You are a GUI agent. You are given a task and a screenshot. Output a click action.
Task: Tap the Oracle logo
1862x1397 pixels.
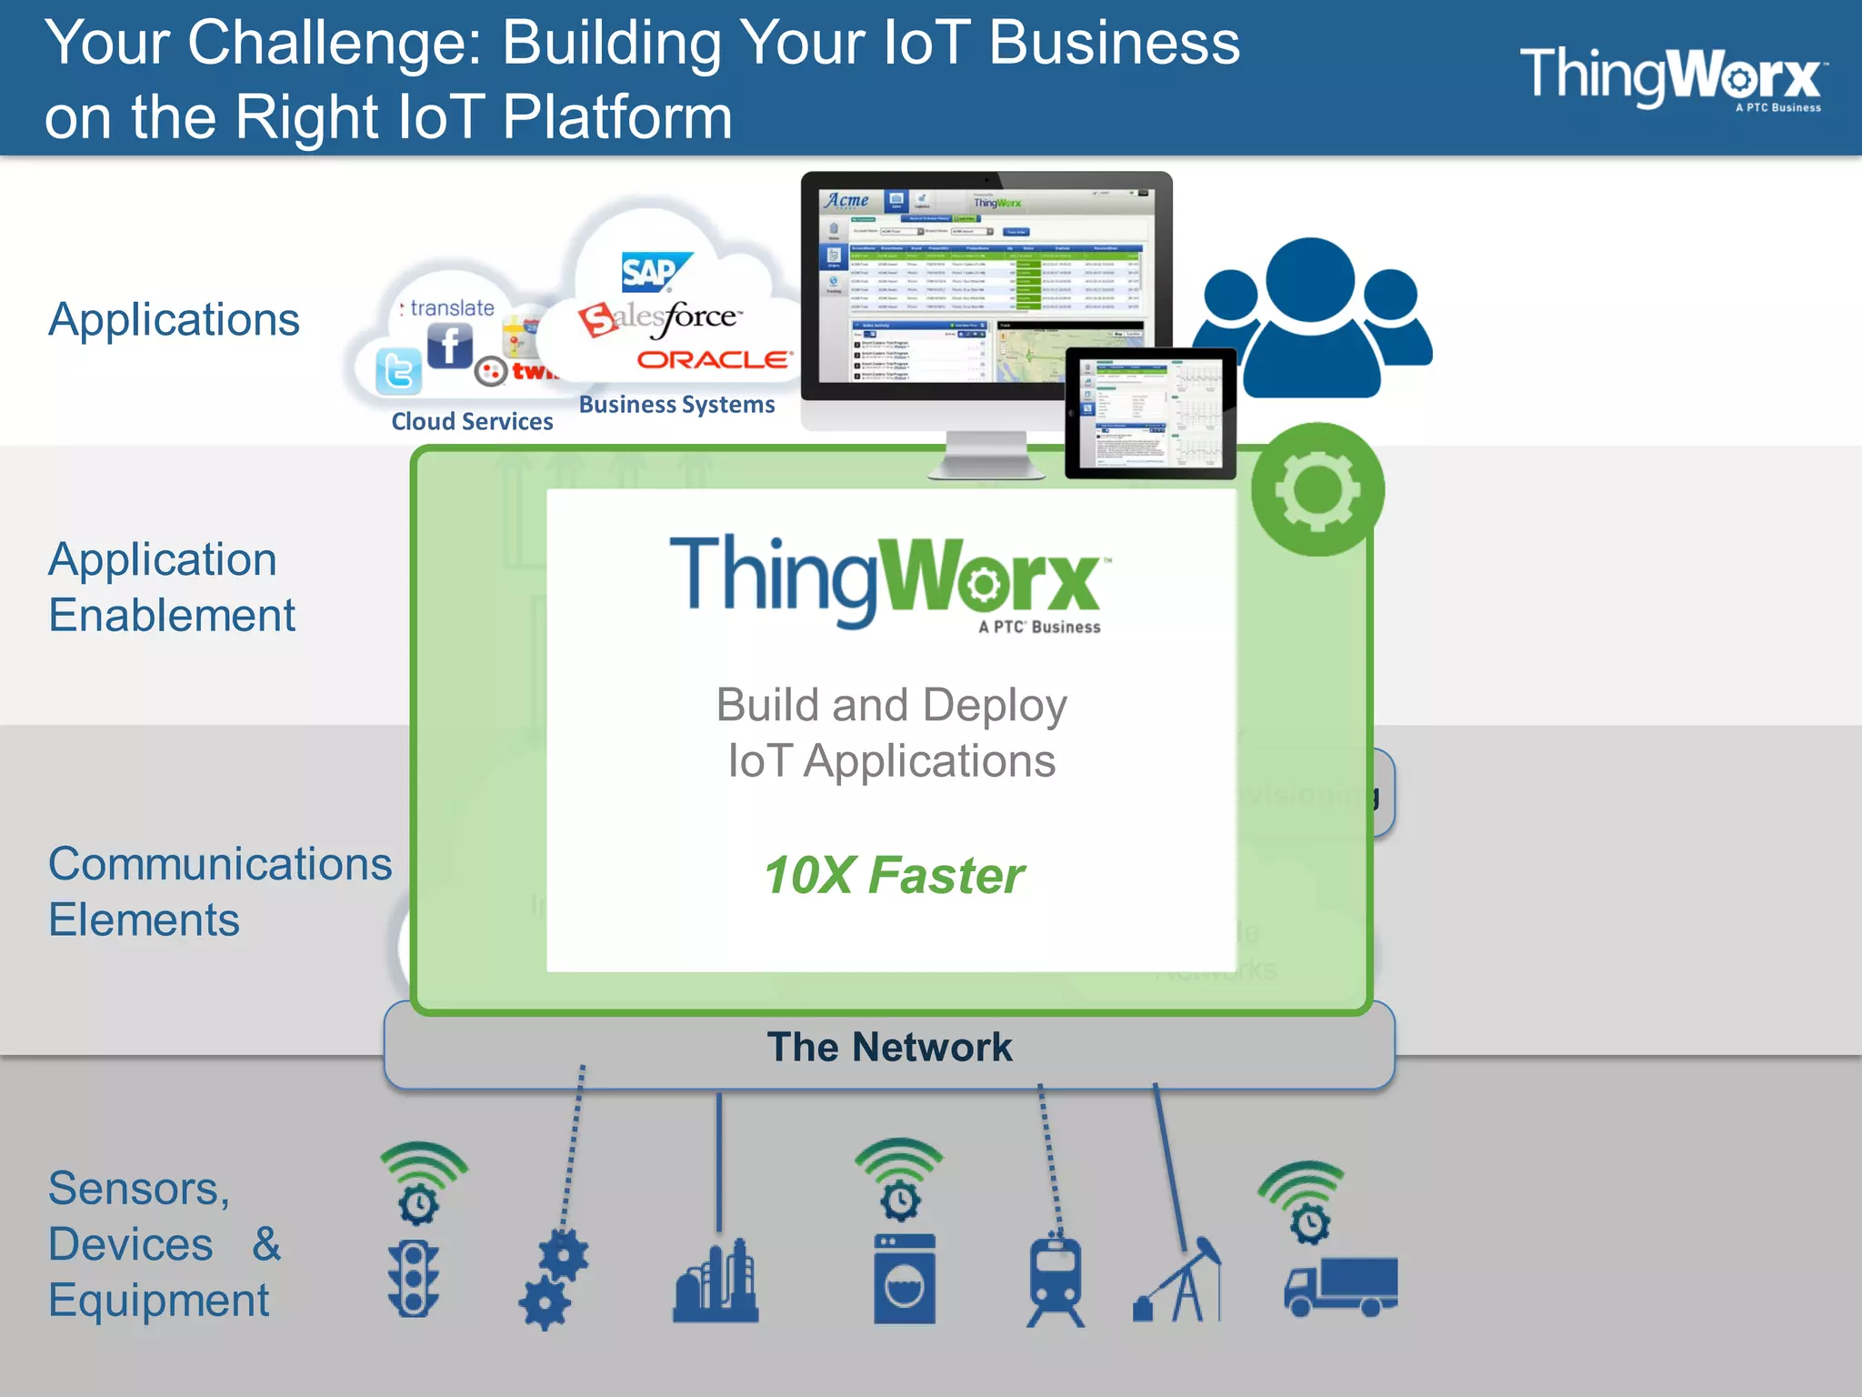point(714,360)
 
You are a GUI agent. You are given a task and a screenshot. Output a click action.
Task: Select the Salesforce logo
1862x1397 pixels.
point(661,318)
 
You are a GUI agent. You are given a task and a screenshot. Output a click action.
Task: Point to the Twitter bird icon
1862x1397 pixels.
point(399,371)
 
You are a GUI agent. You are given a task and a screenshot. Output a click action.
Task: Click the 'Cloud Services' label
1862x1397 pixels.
point(472,422)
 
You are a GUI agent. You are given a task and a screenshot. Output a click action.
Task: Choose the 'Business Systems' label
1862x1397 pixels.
point(676,405)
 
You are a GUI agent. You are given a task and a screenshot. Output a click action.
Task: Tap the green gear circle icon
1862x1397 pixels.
point(1317,490)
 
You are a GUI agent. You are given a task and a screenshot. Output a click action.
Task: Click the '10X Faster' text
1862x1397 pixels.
point(894,876)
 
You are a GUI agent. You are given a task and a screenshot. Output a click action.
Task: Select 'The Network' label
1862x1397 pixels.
point(889,1047)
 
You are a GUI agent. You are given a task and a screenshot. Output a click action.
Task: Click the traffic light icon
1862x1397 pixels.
point(414,1279)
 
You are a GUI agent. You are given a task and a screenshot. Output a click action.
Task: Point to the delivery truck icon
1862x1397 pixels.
point(1341,1286)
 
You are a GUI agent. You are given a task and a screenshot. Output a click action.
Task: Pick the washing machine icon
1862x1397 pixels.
point(904,1279)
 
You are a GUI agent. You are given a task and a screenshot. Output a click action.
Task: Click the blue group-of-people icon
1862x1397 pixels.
point(1312,317)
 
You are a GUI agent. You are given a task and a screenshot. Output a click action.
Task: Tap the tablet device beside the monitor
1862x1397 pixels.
point(1150,413)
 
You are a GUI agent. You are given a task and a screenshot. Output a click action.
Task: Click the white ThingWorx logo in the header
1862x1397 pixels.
point(1671,78)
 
